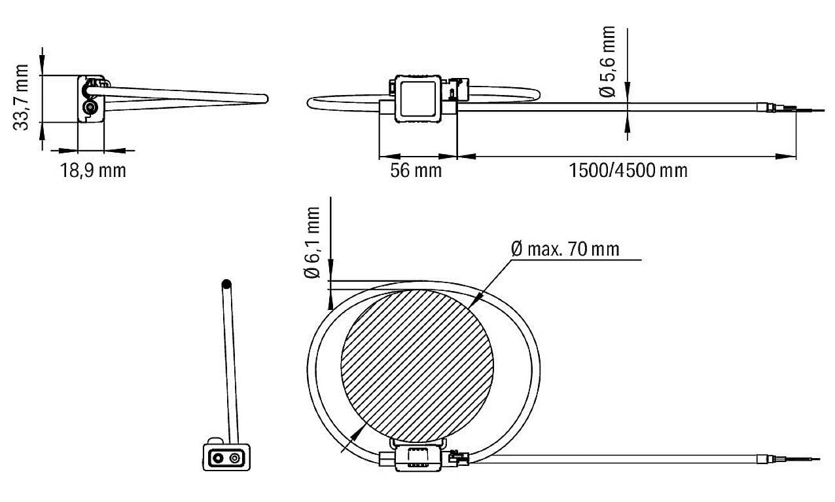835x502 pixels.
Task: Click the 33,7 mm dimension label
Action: point(22,98)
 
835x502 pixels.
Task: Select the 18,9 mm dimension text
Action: point(93,171)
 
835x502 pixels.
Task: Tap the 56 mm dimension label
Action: point(416,171)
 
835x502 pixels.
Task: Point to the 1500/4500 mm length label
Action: point(628,171)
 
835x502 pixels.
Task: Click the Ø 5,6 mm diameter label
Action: point(608,62)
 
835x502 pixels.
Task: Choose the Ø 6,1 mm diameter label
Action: point(313,243)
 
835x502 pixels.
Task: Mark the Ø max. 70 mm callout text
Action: point(564,249)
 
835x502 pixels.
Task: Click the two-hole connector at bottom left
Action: point(225,457)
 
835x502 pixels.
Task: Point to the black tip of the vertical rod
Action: point(226,285)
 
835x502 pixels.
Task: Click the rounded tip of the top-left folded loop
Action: point(264,98)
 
